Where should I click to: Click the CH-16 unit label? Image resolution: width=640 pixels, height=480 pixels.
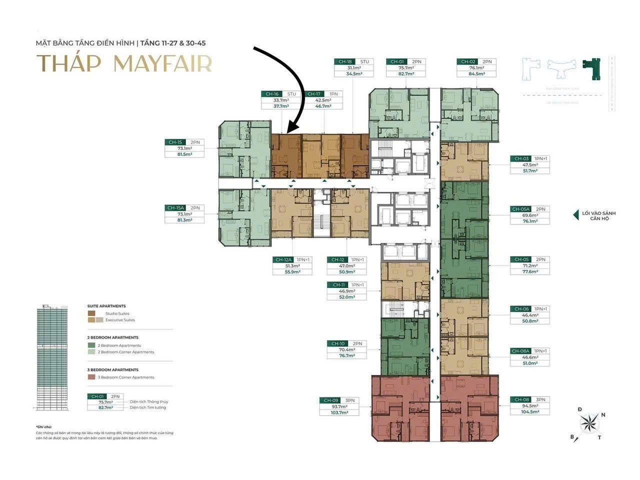click(x=272, y=94)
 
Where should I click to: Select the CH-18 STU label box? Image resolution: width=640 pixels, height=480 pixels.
click(x=353, y=61)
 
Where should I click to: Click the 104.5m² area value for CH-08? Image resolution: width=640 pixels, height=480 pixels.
click(x=529, y=412)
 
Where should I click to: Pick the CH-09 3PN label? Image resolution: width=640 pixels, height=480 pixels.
click(x=338, y=400)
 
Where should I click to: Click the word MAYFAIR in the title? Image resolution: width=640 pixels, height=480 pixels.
click(x=163, y=63)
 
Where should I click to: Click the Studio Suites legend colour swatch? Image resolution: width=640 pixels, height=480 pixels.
click(x=91, y=313)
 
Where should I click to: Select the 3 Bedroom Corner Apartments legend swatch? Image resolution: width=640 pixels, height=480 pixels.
click(x=91, y=377)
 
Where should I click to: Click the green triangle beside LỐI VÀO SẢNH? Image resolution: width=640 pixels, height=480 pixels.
click(x=575, y=215)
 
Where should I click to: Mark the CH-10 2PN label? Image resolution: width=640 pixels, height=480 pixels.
click(x=345, y=343)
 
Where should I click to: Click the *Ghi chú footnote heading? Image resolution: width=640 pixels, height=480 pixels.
click(x=43, y=426)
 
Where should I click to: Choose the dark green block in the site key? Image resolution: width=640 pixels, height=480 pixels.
click(x=593, y=68)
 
